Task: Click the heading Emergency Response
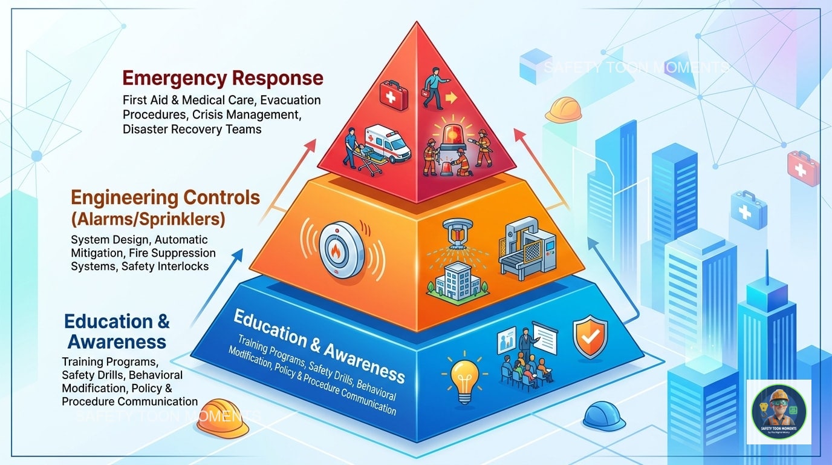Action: (223, 78)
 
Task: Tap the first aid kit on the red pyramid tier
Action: (394, 96)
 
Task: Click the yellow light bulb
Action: (464, 375)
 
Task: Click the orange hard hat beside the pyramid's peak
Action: (564, 109)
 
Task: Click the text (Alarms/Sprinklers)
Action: (149, 219)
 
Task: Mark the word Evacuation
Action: (292, 99)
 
